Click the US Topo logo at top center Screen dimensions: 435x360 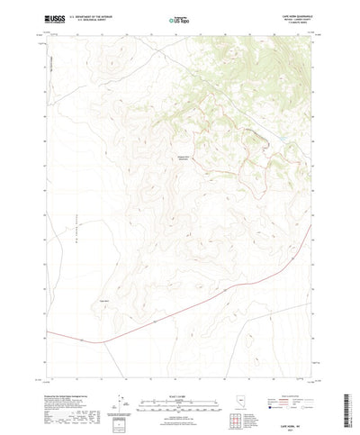click(179, 18)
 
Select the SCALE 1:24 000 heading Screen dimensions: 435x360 click(179, 370)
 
